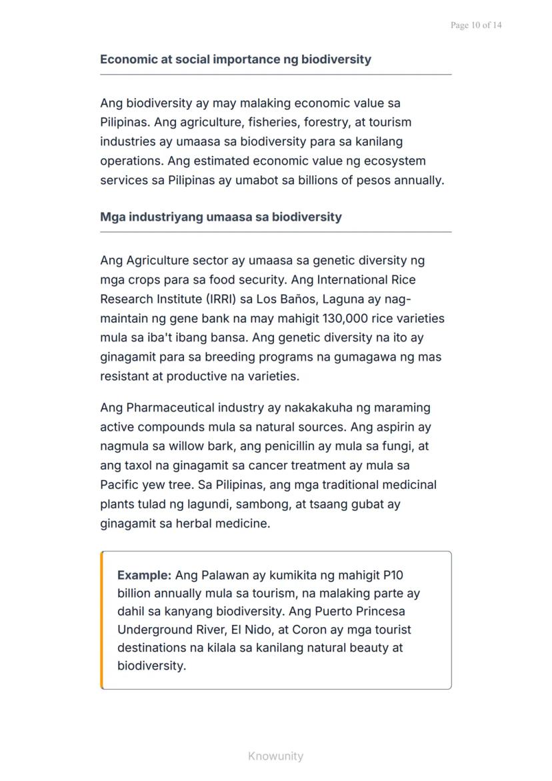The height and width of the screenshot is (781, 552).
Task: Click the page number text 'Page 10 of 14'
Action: [476, 25]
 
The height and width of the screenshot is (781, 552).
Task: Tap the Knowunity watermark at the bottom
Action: [275, 756]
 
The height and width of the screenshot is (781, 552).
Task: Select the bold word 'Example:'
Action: [145, 575]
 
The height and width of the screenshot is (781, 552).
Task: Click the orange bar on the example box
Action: [102, 620]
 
